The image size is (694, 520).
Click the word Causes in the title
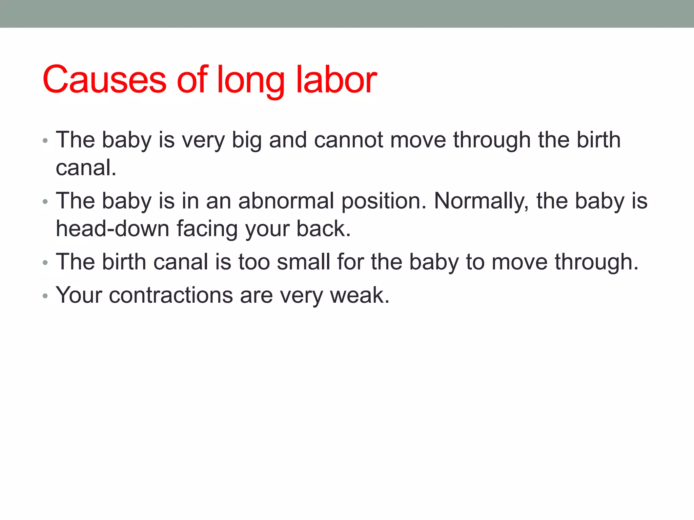coord(104,80)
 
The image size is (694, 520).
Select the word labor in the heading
coord(336,80)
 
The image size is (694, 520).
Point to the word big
coord(246,140)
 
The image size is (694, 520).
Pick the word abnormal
coord(286,201)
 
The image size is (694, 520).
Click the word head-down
coord(113,229)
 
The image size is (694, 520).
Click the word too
coord(254,262)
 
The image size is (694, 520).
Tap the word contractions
coord(171,295)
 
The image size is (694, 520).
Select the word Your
coord(79,295)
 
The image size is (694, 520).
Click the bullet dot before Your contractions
coord(45,296)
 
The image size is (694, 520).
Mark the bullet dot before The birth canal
coord(45,263)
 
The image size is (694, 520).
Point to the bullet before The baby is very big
coord(45,141)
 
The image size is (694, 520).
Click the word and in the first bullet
coord(288,140)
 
